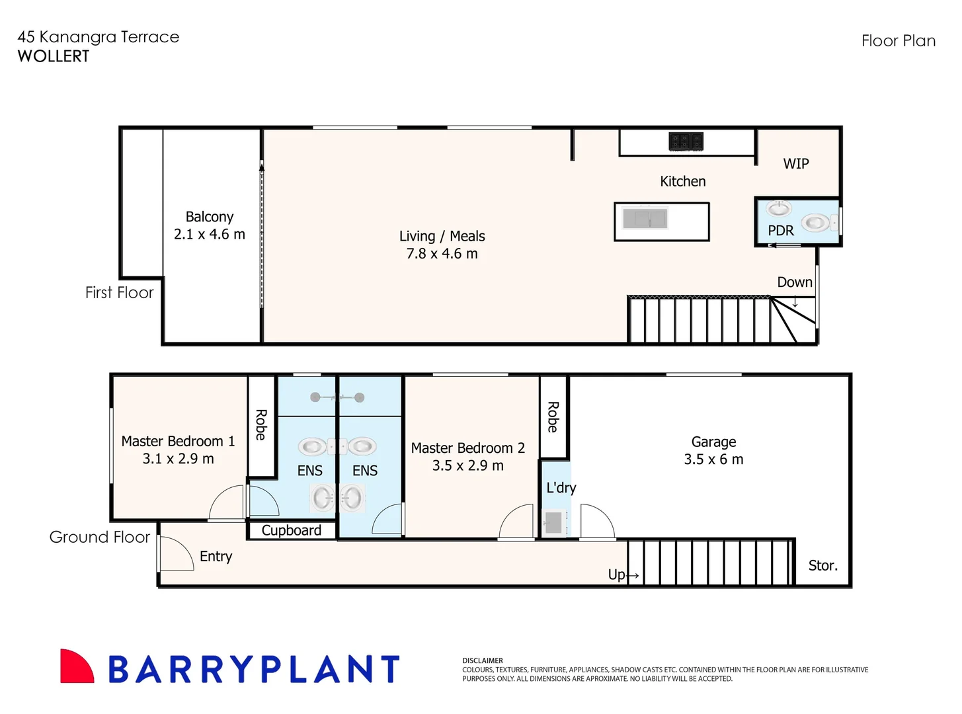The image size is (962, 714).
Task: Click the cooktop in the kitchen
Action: (686, 141)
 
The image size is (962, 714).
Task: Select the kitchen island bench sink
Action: (645, 218)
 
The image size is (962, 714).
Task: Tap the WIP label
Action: (796, 164)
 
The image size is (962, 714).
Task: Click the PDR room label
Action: (781, 231)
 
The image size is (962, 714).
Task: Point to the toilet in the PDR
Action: (817, 223)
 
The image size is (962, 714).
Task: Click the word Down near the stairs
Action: (794, 282)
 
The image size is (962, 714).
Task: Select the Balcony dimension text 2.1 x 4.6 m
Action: (209, 235)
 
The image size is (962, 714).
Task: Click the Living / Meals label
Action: (442, 236)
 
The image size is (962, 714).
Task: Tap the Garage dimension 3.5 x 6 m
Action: (713, 459)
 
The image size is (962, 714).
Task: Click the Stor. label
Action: (822, 566)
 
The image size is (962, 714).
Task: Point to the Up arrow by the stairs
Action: (632, 575)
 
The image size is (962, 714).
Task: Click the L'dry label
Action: (561, 488)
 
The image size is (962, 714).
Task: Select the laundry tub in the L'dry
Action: (553, 523)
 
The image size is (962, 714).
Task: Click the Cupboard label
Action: (291, 531)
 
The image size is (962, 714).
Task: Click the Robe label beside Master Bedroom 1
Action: (261, 425)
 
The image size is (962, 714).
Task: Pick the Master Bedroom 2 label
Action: (467, 448)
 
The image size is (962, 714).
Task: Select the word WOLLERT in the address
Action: (54, 57)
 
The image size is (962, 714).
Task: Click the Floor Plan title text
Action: (898, 41)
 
